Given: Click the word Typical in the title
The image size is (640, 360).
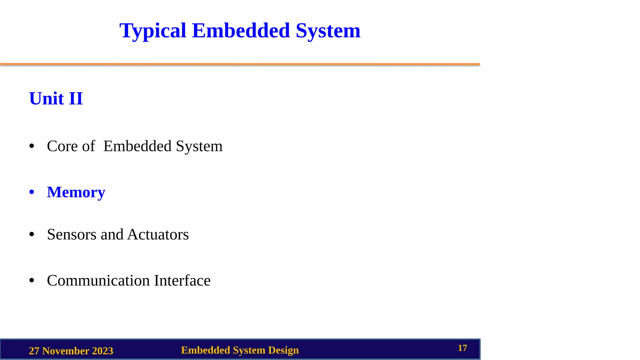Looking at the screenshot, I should (152, 31).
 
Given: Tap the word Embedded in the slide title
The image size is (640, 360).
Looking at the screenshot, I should (241, 31).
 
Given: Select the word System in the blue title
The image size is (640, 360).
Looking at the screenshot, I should (328, 31).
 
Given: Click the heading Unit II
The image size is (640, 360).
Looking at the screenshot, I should (56, 99).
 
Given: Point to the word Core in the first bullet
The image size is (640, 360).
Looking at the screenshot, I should (62, 146).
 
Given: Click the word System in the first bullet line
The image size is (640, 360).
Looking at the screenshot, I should (199, 146).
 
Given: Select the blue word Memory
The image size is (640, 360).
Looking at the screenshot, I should (76, 192).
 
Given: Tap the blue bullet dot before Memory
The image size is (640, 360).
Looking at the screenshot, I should (32, 192).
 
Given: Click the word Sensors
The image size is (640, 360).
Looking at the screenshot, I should (72, 234).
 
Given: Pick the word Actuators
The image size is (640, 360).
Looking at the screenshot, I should (158, 234).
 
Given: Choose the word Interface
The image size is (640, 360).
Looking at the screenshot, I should (182, 280).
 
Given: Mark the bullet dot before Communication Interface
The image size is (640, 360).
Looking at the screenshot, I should (32, 280).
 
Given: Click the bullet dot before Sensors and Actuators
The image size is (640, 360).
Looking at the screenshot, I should (32, 234).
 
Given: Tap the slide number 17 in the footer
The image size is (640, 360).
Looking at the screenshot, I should (462, 348).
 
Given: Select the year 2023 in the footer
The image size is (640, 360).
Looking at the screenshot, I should (102, 351).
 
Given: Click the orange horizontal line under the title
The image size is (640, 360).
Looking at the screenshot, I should (240, 64).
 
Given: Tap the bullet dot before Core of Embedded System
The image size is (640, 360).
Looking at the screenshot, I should (32, 146).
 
